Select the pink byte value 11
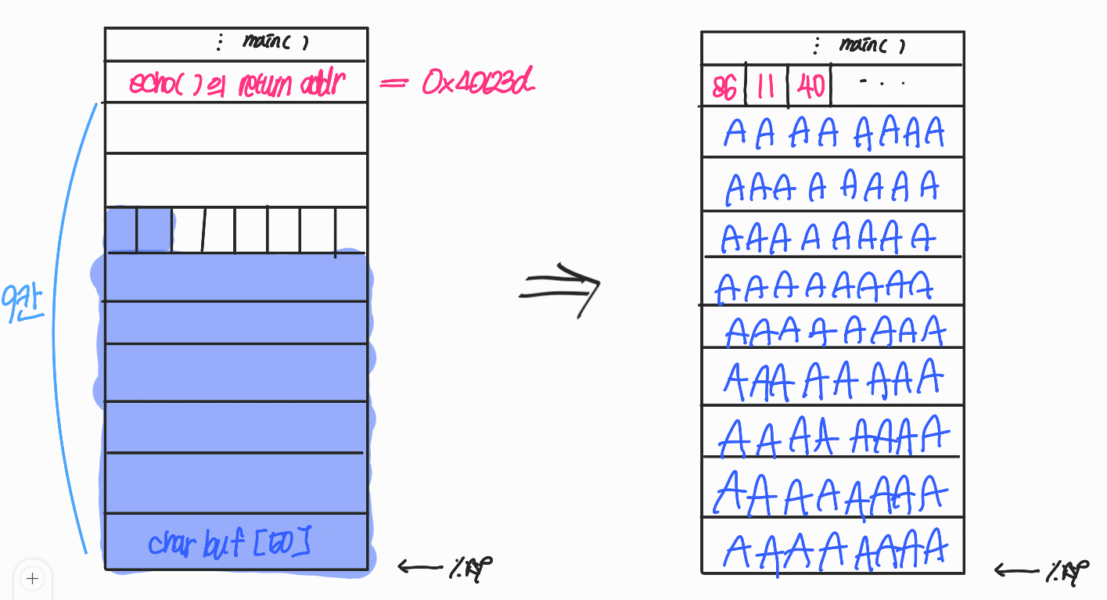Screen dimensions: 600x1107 pyautogui.click(x=766, y=87)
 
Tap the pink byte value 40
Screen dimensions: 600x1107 pyautogui.click(x=810, y=87)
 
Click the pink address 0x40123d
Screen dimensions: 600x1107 pyautogui.click(x=478, y=82)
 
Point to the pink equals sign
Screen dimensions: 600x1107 pyautogui.click(x=394, y=81)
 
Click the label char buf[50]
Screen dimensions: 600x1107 pyautogui.click(x=228, y=543)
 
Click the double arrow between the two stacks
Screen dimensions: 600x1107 pyautogui.click(x=561, y=289)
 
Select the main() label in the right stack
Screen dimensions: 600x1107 pyautogui.click(x=871, y=45)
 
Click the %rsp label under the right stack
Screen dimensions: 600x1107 pyautogui.click(x=1067, y=573)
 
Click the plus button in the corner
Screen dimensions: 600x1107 pyautogui.click(x=32, y=579)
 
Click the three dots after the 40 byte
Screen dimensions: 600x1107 pyautogui.click(x=882, y=82)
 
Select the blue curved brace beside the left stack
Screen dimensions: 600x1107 pyautogui.click(x=66, y=329)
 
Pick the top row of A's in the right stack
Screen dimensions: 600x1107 pyautogui.click(x=834, y=133)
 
